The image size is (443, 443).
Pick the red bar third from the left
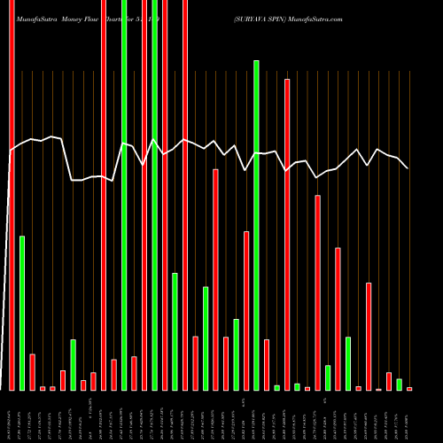(x=32, y=372)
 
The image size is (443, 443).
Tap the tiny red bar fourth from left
(x=43, y=388)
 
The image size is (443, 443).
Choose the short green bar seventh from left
(x=74, y=364)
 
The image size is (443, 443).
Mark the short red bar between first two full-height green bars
(x=135, y=373)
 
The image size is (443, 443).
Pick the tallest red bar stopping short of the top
(x=287, y=234)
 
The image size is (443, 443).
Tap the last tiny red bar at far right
(x=409, y=388)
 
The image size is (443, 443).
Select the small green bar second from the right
(x=400, y=384)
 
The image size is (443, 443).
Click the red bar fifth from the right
(x=369, y=336)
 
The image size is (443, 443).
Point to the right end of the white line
(x=408, y=167)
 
